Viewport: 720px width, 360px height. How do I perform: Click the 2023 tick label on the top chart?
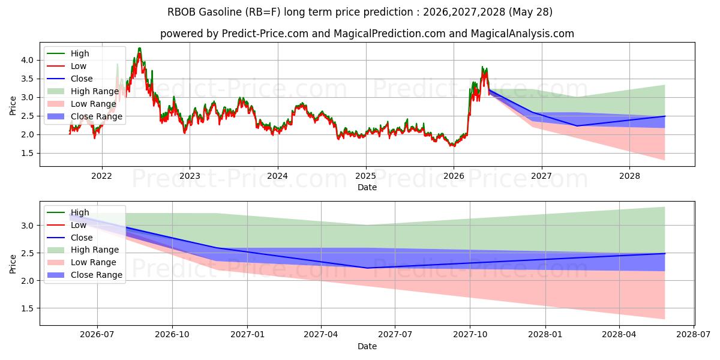190,176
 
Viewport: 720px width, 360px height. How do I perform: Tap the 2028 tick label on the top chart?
629,176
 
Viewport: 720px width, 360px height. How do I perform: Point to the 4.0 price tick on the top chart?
28,60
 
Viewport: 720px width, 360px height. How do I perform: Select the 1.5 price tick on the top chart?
28,154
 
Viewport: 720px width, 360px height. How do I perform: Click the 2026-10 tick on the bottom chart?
172,335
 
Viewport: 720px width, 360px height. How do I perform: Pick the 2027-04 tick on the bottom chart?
321,335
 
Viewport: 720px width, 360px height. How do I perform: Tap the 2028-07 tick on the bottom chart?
694,335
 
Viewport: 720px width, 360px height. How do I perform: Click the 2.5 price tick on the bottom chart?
28,253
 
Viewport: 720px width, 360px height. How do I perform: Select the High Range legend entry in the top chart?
83,91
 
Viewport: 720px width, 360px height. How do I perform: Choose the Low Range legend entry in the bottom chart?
82,262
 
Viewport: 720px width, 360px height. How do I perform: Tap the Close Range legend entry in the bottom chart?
85,275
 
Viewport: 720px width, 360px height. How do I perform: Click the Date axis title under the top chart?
367,187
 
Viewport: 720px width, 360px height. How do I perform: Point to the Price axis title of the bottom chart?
13,264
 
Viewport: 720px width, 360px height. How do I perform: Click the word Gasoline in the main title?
220,12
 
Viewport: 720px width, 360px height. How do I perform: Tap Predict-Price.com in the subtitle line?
265,34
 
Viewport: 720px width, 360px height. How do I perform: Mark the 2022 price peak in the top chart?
139,48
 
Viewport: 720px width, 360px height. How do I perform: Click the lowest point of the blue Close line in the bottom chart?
367,268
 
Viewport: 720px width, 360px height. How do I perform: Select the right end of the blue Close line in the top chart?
665,116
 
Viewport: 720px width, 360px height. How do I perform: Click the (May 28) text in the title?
530,12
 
